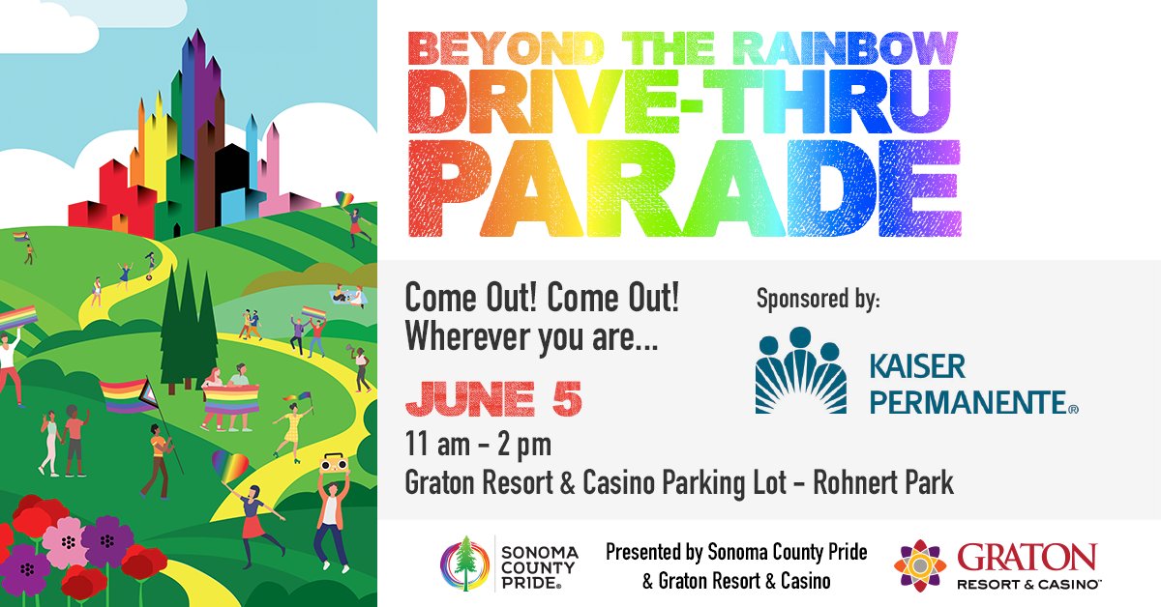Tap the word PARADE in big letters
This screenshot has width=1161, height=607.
[682, 188]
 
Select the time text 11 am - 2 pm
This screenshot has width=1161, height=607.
[478, 447]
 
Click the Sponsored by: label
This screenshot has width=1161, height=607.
[818, 299]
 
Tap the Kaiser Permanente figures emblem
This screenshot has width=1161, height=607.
[799, 371]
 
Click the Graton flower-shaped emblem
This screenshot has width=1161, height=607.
[919, 566]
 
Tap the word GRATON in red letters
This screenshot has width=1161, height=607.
[1027, 558]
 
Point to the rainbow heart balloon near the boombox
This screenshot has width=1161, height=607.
[229, 465]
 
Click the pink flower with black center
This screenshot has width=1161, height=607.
[66, 540]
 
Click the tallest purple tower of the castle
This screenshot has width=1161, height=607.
[198, 106]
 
